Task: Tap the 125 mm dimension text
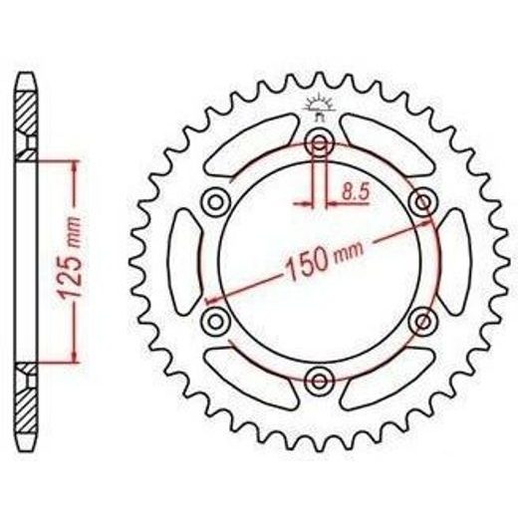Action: (x=71, y=257)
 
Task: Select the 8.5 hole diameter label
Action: (x=356, y=191)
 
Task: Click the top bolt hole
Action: (x=320, y=143)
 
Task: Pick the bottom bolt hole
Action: (x=320, y=381)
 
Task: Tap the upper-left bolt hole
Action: (x=215, y=201)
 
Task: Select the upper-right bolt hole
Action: (x=423, y=201)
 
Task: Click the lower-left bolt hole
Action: (x=215, y=321)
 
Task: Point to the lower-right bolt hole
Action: (x=423, y=321)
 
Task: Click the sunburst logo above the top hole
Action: (x=320, y=107)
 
